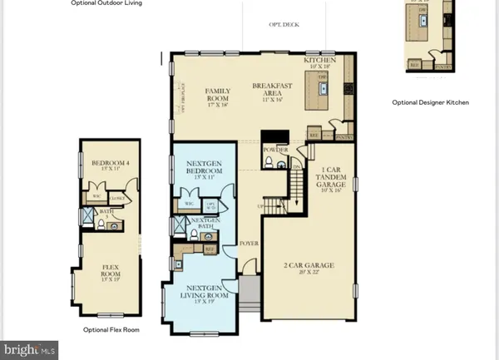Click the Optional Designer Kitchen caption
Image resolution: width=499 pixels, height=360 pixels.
(x=431, y=102)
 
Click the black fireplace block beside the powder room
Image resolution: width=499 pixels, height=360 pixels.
(x=271, y=140)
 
